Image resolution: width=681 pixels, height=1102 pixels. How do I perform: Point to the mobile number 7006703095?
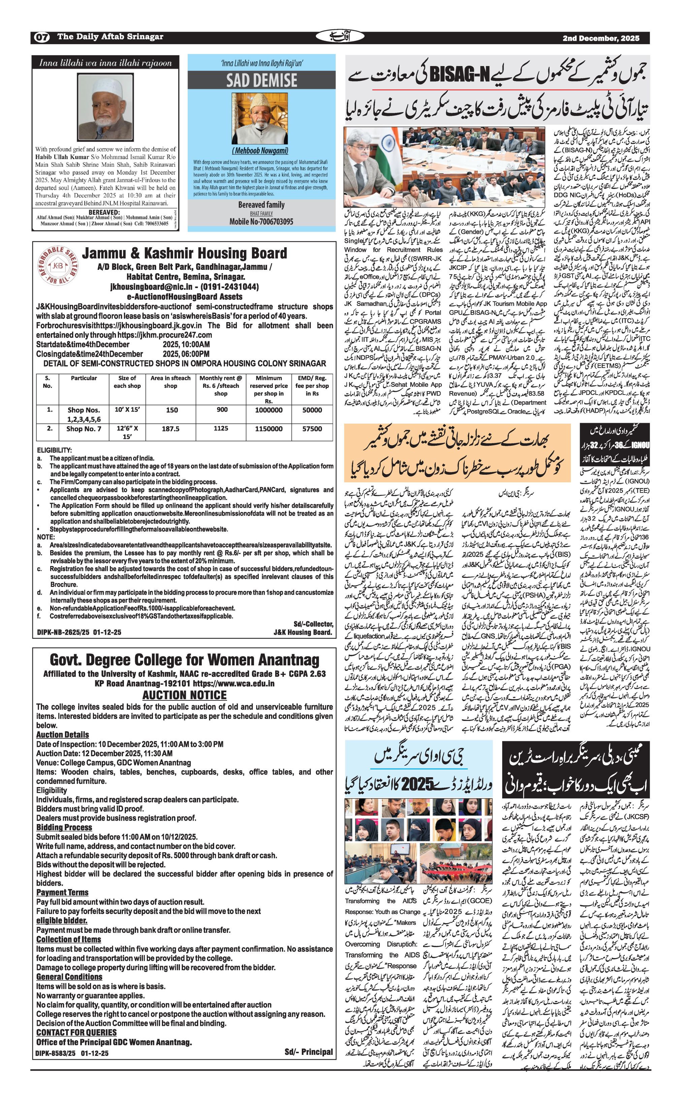coord(261,221)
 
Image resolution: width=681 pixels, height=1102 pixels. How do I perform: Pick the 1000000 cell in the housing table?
coord(268,410)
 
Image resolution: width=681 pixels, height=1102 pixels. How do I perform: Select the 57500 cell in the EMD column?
coord(312,429)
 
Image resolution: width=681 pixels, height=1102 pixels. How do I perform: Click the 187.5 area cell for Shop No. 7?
coord(170,429)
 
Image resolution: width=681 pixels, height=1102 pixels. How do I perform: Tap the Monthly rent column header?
coord(221,386)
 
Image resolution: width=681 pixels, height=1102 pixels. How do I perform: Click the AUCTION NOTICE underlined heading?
coord(184,695)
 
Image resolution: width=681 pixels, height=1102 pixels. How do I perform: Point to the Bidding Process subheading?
coord(64,827)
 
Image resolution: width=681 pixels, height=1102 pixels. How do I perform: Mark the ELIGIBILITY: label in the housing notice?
coord(55,450)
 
